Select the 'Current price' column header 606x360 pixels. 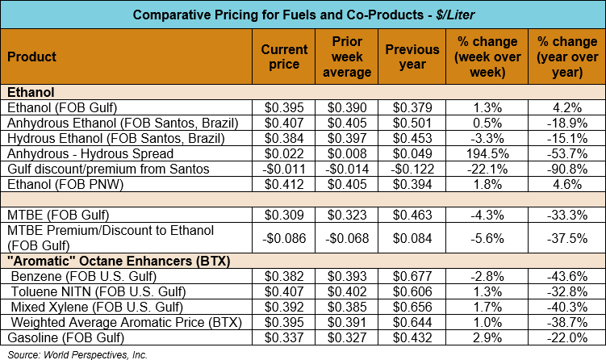pos(284,57)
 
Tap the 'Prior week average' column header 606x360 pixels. pos(351,57)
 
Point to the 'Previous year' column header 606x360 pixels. pos(418,57)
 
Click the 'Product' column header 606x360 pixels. pos(32,57)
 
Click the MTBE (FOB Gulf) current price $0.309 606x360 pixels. pos(284,216)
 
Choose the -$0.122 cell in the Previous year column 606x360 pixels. pos(416,170)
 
